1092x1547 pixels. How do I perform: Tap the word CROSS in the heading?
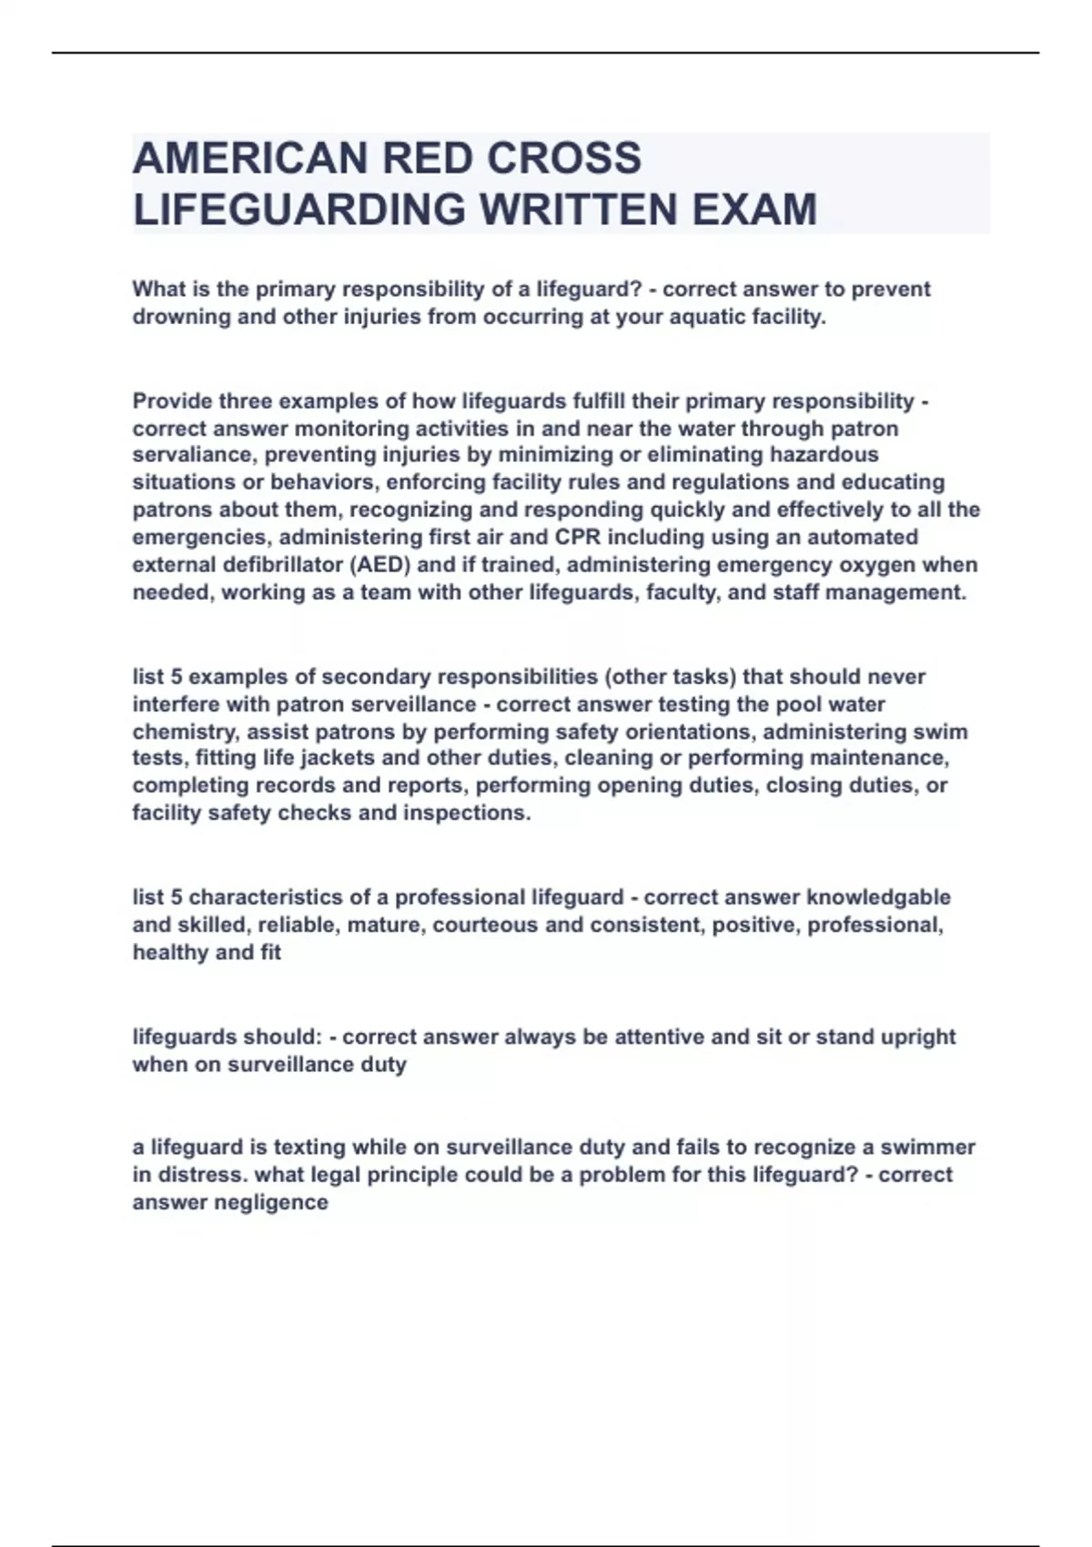(564, 158)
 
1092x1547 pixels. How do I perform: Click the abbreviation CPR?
(577, 537)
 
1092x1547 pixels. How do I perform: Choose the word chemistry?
(185, 732)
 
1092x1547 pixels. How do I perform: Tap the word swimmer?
(927, 1147)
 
